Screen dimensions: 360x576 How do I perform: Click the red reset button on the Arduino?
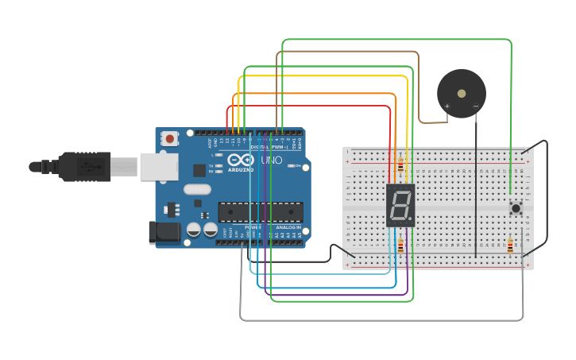(170, 139)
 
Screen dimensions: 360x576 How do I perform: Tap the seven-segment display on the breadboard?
(400, 205)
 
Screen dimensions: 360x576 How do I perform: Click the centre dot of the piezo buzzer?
(462, 94)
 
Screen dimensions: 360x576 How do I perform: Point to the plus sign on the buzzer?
(446, 106)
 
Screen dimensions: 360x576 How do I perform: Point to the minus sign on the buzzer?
(476, 106)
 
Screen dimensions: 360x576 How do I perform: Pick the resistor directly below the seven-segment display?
(400, 246)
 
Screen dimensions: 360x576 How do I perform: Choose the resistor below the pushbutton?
(509, 246)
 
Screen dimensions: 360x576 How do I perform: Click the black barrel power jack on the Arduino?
(164, 232)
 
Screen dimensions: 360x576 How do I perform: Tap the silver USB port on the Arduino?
(159, 166)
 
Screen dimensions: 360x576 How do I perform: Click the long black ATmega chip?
(261, 212)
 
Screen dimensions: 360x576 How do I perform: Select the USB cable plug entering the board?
(87, 167)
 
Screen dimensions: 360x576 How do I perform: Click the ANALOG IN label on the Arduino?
(287, 227)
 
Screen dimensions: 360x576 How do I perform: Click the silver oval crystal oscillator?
(196, 190)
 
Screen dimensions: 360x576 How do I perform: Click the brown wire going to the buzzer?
(418, 87)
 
